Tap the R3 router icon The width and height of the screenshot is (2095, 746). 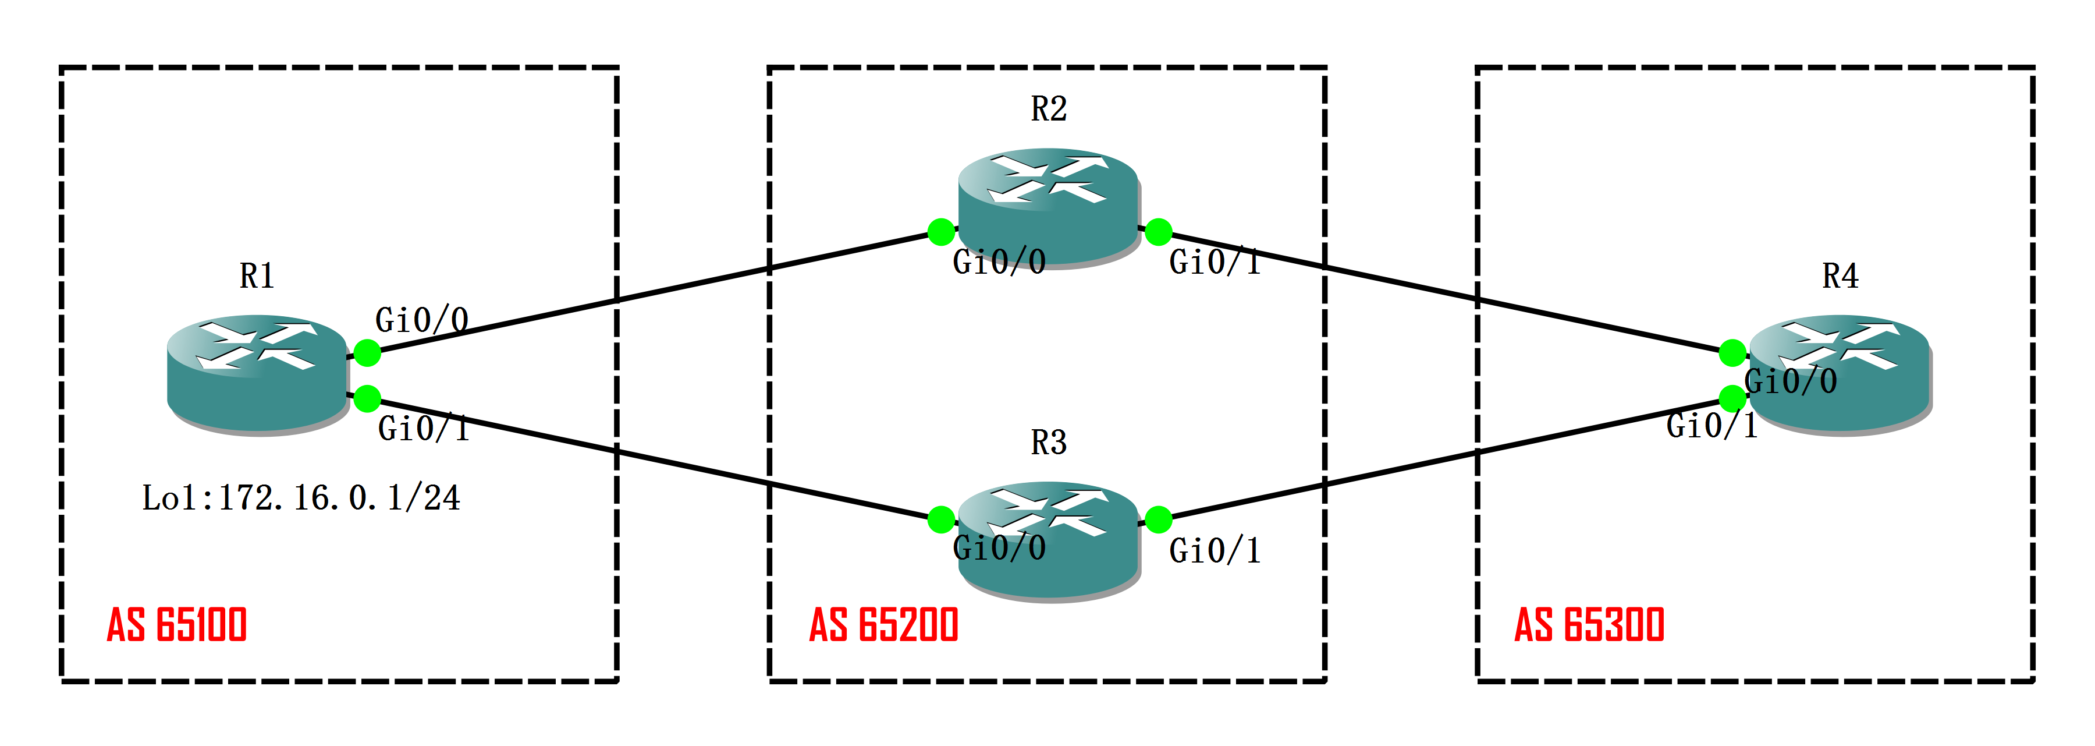1048,540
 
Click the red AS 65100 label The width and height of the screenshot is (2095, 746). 177,625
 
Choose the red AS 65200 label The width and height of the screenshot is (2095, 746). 884,625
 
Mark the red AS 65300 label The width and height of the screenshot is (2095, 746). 1589,625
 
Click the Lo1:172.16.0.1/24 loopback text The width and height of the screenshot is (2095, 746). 301,498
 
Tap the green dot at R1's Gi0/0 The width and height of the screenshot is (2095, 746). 368,353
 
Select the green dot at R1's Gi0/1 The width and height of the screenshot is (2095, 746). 368,399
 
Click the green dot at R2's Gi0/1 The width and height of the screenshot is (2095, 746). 1158,231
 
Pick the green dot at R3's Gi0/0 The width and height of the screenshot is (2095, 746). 941,519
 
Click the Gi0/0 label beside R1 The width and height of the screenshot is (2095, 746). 421,320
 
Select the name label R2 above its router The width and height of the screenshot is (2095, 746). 1048,109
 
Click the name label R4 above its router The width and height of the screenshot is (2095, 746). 1840,277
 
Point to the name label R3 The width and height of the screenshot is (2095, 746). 1048,443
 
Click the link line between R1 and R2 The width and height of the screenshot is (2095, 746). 651,294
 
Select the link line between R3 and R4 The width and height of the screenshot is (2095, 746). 1448,458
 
